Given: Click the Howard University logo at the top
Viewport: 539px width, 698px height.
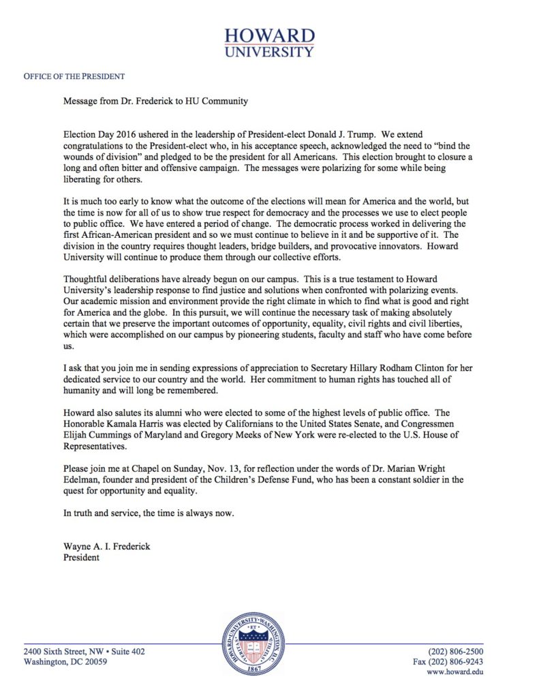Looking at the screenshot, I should pos(270,42).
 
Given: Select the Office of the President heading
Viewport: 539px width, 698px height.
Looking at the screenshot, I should pos(74,76).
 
